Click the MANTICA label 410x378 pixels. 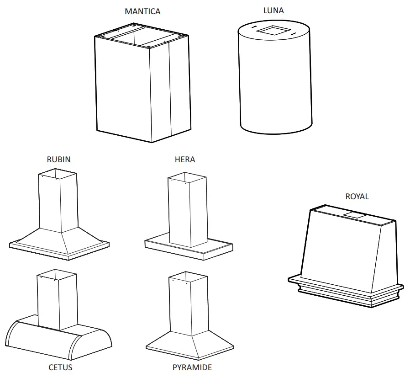point(142,11)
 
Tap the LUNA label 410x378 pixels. point(273,10)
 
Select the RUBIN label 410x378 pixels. point(58,160)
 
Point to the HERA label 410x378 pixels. point(185,160)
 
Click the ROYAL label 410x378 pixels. point(357,197)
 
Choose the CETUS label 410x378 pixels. point(60,367)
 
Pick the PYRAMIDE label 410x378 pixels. point(192,367)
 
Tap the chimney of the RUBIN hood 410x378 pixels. point(57,201)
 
